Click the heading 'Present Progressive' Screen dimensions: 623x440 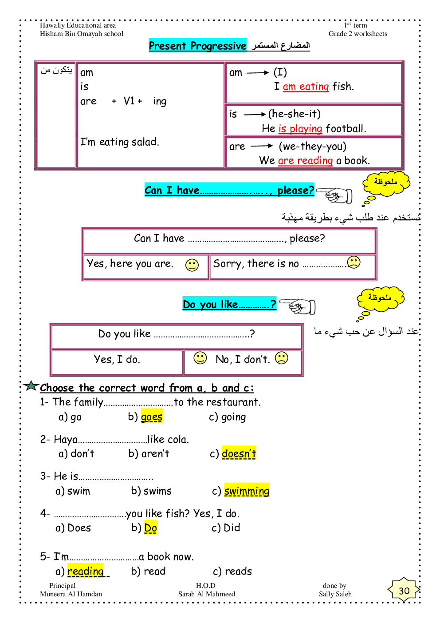click(197, 46)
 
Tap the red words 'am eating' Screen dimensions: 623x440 click(306, 87)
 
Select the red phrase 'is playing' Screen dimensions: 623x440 click(300, 129)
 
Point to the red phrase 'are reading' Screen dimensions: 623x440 click(305, 161)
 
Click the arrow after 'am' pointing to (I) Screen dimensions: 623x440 click(258, 72)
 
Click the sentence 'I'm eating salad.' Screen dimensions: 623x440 click(119, 142)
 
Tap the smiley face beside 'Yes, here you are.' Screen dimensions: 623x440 click(192, 265)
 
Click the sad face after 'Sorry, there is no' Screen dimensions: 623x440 click(354, 262)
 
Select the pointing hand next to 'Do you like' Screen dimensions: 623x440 click(299, 306)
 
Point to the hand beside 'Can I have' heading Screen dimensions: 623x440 click(335, 194)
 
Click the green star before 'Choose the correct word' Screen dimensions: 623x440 click(31, 386)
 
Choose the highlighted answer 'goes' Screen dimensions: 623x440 click(152, 417)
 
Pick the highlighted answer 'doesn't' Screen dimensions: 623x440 click(239, 453)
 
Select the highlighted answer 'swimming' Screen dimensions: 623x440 click(247, 491)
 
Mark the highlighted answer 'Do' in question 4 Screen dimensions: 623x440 click(151, 528)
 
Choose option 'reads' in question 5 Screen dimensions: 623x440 click(238, 571)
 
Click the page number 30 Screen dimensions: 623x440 click(404, 591)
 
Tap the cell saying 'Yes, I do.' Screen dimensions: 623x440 click(117, 360)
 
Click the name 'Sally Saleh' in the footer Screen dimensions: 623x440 click(335, 594)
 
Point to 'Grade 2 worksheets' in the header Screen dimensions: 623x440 click(357, 34)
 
